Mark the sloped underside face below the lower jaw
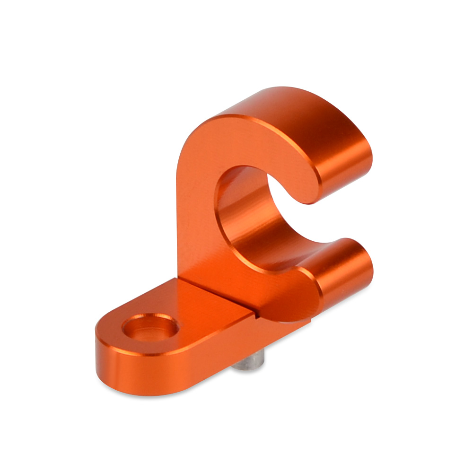[x=284, y=307]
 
